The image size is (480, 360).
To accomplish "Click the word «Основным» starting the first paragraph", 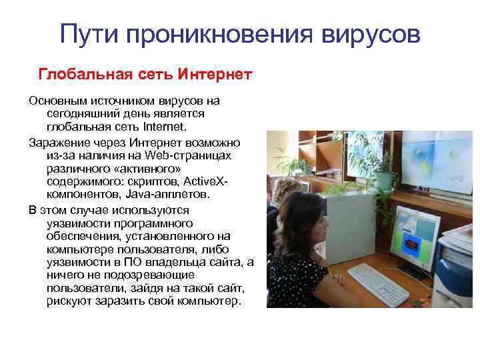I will point(55,101).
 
